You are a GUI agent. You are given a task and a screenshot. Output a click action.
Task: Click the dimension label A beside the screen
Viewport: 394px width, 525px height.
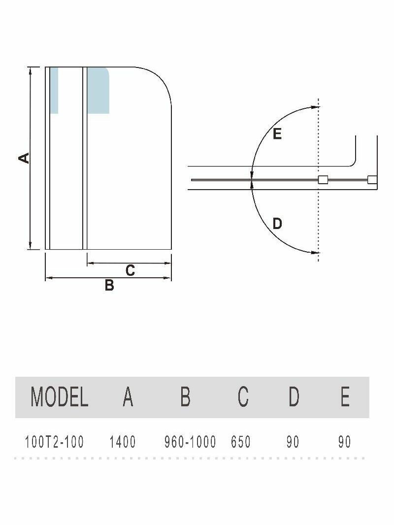24,158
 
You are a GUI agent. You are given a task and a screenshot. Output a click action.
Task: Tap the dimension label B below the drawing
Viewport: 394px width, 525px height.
109,285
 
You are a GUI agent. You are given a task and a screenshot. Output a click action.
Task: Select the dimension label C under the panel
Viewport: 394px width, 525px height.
130,270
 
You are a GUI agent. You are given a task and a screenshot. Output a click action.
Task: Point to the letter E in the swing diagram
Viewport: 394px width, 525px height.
277,133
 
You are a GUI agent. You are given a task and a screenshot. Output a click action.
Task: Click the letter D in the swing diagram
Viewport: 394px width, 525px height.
277,224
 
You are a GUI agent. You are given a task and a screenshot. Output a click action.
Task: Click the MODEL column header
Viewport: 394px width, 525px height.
59,396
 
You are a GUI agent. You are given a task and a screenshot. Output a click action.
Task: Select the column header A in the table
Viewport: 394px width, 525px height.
128,396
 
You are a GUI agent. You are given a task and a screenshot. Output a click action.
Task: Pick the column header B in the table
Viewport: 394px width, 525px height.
185,396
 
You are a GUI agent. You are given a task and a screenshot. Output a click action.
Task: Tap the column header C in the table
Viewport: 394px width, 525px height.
243,396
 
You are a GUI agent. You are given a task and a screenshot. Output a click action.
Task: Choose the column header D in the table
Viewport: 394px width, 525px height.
294,396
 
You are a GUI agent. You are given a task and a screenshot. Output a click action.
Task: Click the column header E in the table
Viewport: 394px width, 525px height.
345,396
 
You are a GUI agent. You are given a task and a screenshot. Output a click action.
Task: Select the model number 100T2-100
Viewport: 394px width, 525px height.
54,442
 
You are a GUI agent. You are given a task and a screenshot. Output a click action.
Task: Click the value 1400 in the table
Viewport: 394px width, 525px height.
123,442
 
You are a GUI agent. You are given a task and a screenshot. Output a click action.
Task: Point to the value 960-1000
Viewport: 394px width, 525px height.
190,442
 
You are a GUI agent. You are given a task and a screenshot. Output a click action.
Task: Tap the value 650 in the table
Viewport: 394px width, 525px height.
241,442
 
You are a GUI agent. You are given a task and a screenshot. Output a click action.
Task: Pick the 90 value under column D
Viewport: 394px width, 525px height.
293,442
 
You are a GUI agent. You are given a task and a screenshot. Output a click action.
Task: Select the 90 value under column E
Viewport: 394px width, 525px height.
345,442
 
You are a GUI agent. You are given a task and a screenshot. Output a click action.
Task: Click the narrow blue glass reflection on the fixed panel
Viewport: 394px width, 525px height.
54,90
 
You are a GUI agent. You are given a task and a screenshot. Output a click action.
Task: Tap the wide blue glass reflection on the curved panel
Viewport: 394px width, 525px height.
98,90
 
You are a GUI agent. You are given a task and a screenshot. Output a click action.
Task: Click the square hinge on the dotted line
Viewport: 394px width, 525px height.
323,180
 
